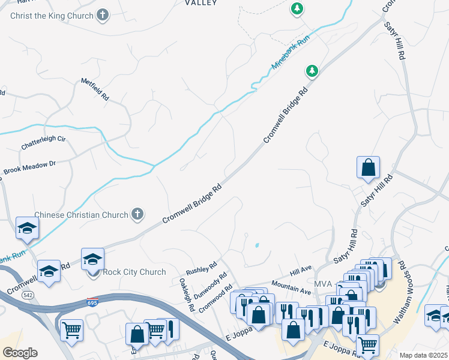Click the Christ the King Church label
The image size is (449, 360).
click(52, 16)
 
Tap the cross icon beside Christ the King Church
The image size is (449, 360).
click(103, 16)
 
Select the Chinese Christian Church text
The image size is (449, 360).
click(81, 215)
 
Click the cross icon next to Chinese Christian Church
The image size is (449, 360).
click(137, 214)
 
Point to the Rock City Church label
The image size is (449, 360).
click(134, 272)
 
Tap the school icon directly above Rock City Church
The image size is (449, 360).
click(92, 259)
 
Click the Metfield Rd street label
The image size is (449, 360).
click(95, 89)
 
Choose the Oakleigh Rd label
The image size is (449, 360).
click(187, 294)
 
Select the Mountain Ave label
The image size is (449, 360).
click(291, 287)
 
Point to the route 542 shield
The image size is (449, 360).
click(28, 295)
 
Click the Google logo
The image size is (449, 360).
click(20, 352)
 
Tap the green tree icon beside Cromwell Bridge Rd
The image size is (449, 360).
click(312, 71)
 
